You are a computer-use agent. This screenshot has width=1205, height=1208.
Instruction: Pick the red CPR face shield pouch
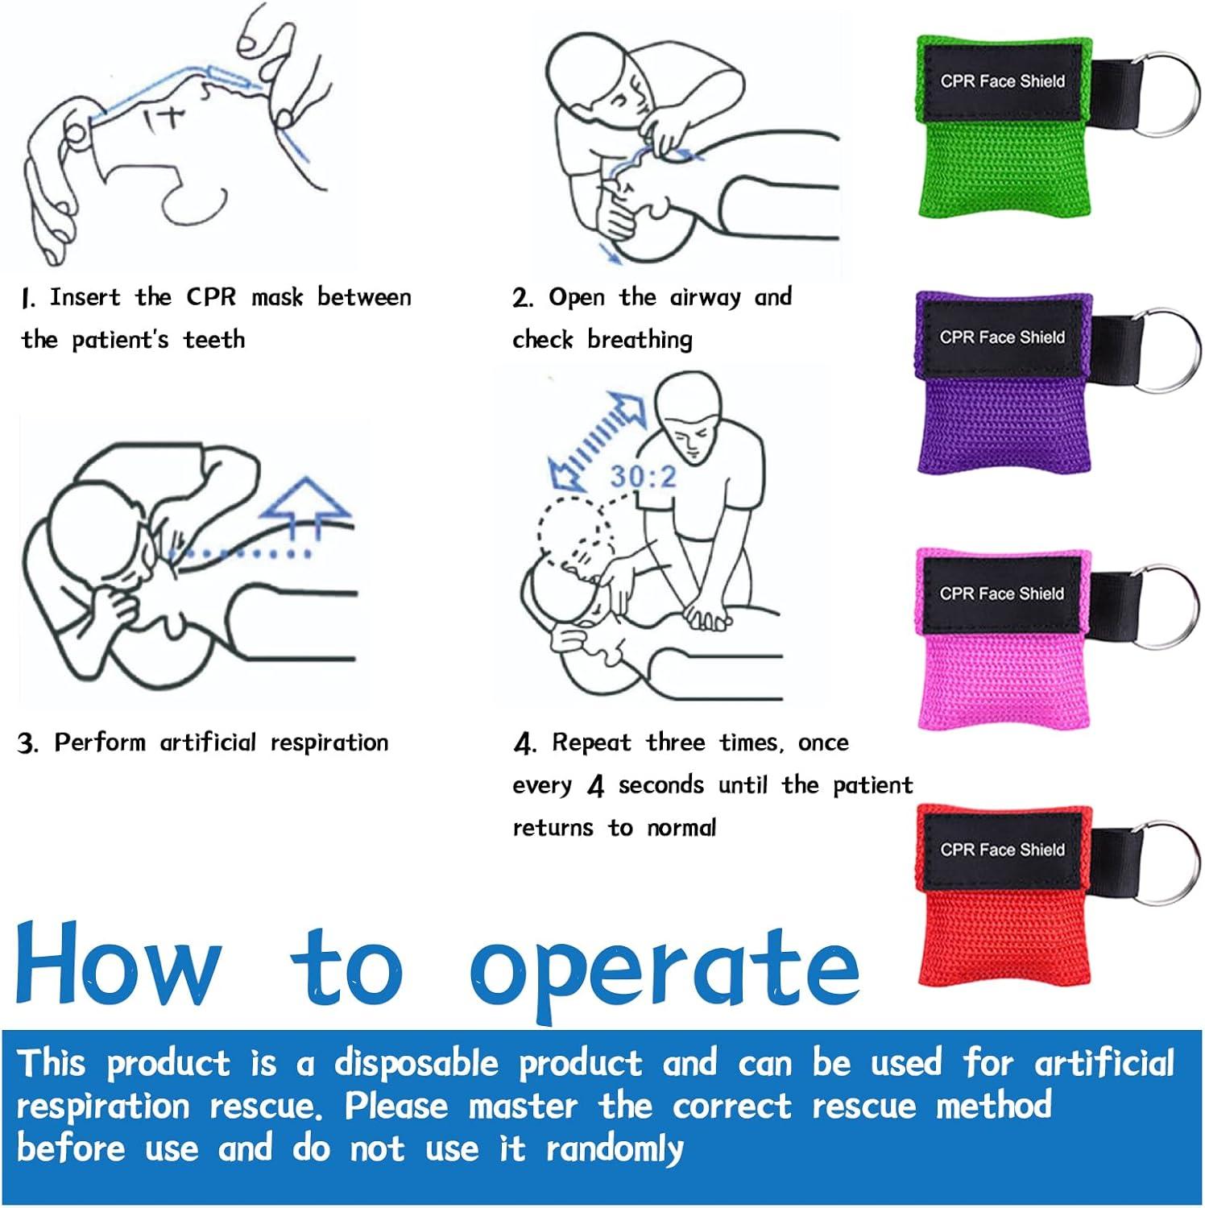click(x=1003, y=934)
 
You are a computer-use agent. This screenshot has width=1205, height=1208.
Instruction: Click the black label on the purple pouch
click(x=1002, y=337)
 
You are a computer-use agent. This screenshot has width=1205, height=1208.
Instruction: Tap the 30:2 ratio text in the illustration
click(x=643, y=477)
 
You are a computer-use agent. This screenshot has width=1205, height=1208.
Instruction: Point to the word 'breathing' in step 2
click(x=640, y=340)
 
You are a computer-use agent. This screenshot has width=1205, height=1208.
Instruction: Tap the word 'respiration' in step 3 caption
click(x=329, y=743)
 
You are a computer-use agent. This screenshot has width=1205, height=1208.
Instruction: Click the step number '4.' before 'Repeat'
click(x=524, y=743)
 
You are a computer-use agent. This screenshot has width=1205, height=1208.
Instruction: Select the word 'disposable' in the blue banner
click(x=416, y=1064)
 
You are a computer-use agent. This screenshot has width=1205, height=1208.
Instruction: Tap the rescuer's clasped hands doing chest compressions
click(x=705, y=617)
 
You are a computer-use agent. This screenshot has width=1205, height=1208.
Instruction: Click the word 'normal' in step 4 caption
click(x=681, y=828)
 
